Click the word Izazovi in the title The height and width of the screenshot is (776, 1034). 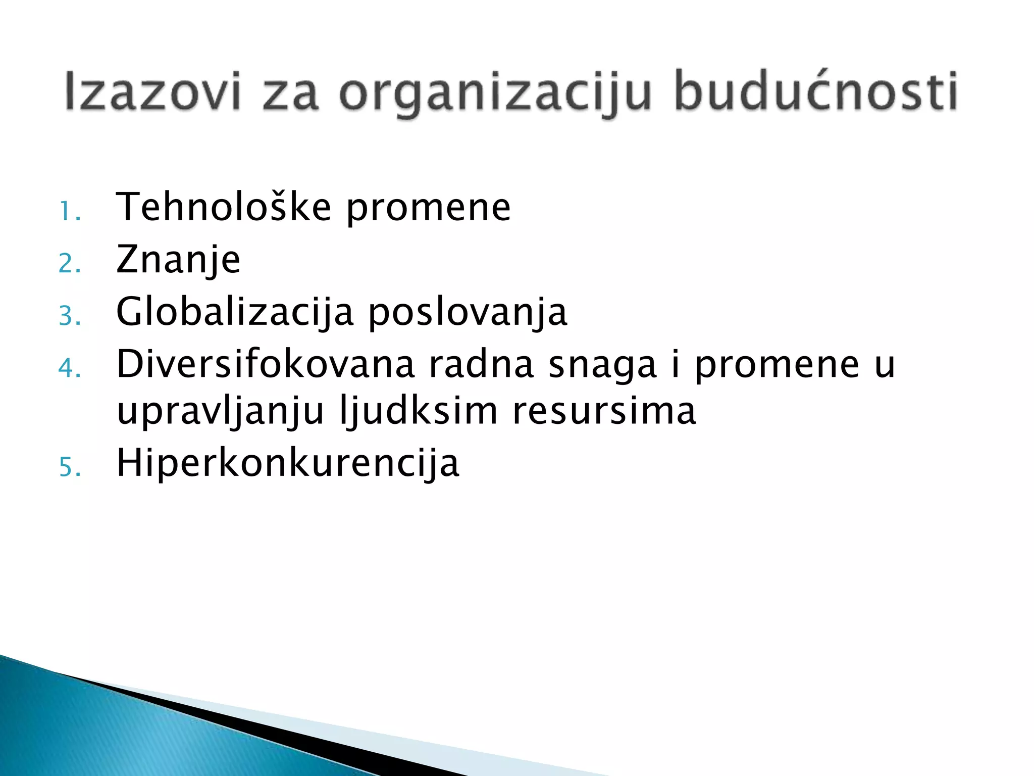(x=151, y=92)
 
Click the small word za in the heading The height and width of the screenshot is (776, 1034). (x=290, y=94)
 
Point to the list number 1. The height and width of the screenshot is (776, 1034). (x=69, y=211)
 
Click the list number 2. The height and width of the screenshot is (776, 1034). (x=69, y=264)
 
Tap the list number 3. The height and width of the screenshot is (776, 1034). (x=69, y=316)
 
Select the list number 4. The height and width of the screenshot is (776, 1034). (x=69, y=368)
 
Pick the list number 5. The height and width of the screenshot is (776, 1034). (x=69, y=467)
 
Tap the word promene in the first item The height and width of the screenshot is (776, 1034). (x=428, y=209)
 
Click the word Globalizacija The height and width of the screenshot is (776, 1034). (x=235, y=312)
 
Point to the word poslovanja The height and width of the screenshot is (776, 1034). (x=468, y=313)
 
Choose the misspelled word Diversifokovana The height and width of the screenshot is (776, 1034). (x=266, y=364)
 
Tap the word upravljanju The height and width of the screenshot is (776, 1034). (x=220, y=412)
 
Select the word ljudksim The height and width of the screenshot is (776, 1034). (x=419, y=411)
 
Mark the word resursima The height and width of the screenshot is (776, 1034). (x=604, y=411)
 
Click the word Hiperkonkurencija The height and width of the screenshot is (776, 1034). (x=288, y=463)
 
